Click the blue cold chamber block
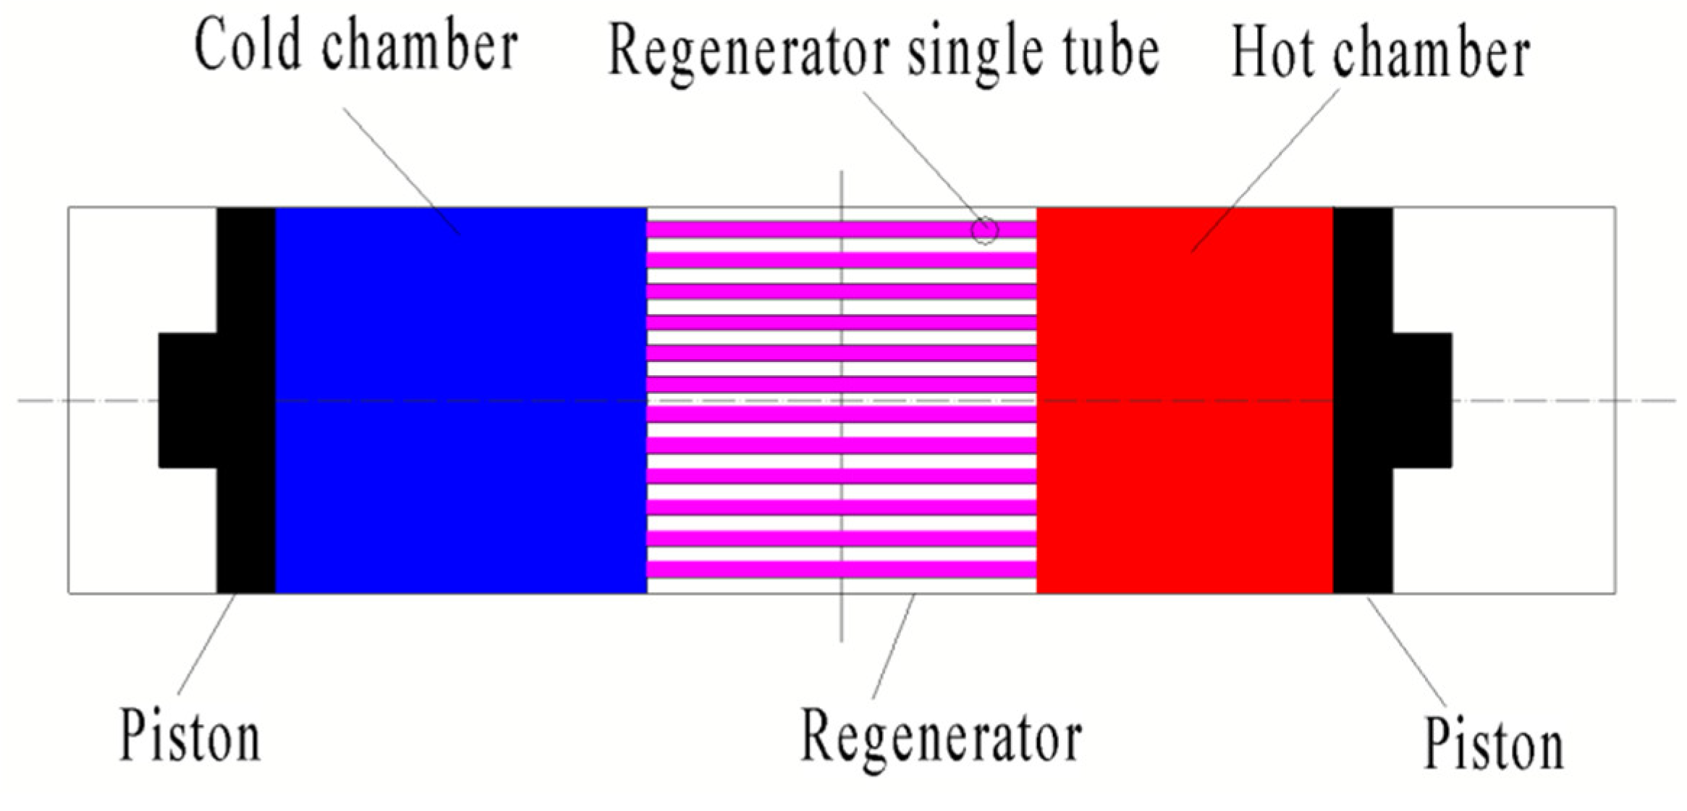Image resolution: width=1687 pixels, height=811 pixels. coord(461,400)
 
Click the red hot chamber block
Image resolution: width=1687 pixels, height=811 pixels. coord(1185,400)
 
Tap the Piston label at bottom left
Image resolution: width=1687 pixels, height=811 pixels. coord(190,735)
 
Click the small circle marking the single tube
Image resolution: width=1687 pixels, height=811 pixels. coord(984,231)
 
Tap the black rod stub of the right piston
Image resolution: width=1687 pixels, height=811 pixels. coord(1422,400)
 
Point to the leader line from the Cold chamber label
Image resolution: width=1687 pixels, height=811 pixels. coord(402,171)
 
